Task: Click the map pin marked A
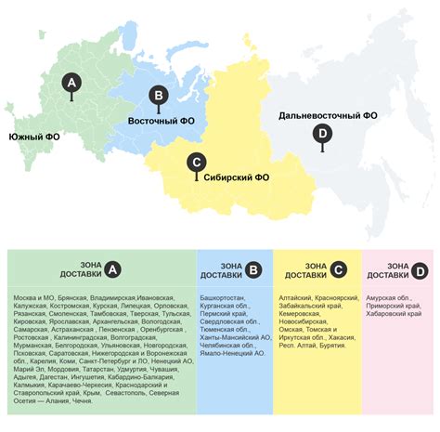point(70,84)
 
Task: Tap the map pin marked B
point(159,95)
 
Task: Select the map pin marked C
point(195,163)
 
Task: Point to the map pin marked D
point(322,137)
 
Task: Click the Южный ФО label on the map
point(35,137)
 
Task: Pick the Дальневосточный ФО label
point(328,115)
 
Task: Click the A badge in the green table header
point(112,269)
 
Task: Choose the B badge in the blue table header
point(252,269)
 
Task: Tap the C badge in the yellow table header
point(338,269)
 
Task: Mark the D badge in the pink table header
point(420,269)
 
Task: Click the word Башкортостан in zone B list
point(223,297)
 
